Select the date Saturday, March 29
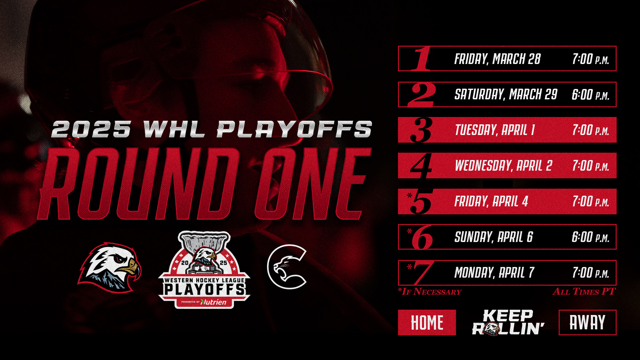pyautogui.click(x=506, y=94)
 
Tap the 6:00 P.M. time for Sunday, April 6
pyautogui.click(x=590, y=237)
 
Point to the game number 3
pyautogui.click(x=421, y=130)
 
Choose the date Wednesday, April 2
pyautogui.click(x=503, y=166)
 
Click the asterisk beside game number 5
pyautogui.click(x=409, y=196)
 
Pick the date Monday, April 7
pyautogui.click(x=494, y=273)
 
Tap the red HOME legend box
pyautogui.click(x=427, y=322)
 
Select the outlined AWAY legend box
pyautogui.click(x=587, y=322)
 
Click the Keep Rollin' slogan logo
pyautogui.click(x=508, y=322)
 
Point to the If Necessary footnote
pyautogui.click(x=430, y=292)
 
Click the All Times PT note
pyautogui.click(x=584, y=292)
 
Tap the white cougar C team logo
pyautogui.click(x=287, y=267)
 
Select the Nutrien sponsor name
pyautogui.click(x=214, y=302)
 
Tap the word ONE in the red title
pyautogui.click(x=313, y=184)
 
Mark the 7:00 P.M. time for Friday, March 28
pyautogui.click(x=590, y=59)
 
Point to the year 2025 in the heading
pyautogui.click(x=91, y=129)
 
